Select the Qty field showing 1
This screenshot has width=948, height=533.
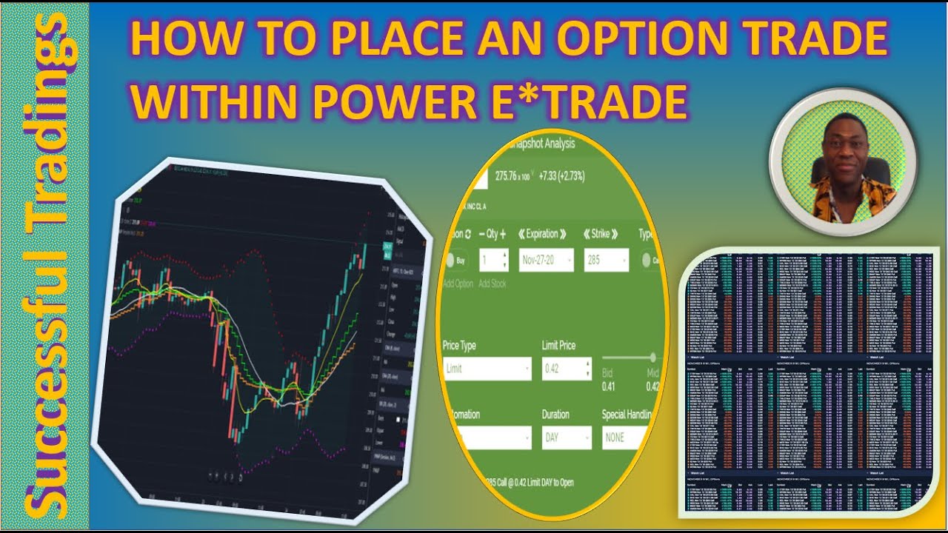493,261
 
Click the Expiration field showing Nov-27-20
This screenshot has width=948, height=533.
547,261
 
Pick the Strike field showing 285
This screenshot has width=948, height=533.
606,261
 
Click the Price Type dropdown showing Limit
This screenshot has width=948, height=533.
487,369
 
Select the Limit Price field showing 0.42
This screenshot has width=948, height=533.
567,369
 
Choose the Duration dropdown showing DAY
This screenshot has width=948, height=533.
567,438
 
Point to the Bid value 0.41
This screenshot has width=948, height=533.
608,386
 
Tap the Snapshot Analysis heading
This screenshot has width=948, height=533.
540,144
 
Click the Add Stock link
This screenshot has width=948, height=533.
492,284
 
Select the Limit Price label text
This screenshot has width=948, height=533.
558,346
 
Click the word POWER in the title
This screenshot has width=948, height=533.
393,101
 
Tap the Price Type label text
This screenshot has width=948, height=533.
459,346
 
